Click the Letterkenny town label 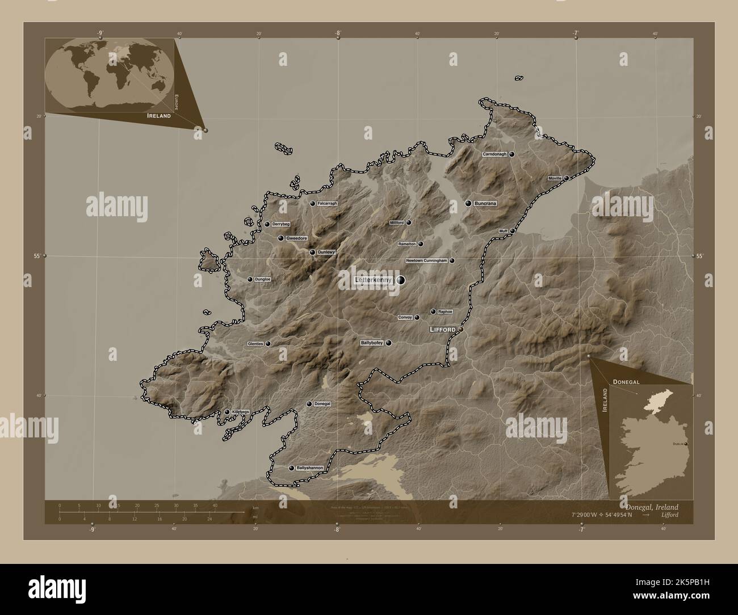[373, 280]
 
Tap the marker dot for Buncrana [468, 203]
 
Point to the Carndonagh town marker [511, 154]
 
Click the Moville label [555, 178]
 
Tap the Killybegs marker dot [227, 412]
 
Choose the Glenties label [255, 344]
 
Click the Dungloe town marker [250, 279]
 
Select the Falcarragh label [327, 203]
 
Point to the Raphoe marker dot [433, 311]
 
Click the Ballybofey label [372, 343]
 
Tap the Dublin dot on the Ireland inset [686, 443]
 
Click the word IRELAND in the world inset [158, 115]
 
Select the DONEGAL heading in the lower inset [626, 382]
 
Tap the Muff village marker [511, 231]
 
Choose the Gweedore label [296, 238]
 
